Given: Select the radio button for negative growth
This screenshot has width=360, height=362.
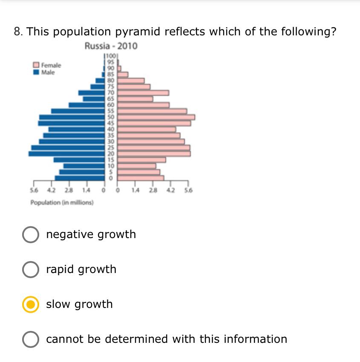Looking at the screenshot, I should pos(30,235).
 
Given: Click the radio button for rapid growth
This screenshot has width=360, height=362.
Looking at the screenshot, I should pos(30,270).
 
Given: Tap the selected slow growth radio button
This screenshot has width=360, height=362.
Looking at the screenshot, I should pos(30,305).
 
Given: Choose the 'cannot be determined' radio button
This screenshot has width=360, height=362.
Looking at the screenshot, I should pos(30,339).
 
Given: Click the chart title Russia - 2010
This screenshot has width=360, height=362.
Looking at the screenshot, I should pos(111,46).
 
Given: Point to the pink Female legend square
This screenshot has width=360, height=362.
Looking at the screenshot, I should pos(37,65).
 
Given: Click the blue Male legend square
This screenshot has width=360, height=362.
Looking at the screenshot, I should pos(37,72).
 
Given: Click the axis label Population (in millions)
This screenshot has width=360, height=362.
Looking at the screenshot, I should pos(62,202).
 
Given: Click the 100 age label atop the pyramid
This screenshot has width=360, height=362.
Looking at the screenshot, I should pos(111,56).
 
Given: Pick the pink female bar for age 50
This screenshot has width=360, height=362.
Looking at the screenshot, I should pos(156,117).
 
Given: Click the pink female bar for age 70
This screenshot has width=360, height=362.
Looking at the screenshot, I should pos(143,92).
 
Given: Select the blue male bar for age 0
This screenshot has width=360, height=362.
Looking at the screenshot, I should pos(80,178).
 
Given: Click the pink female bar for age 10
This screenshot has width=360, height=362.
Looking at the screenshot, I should pos(137,166).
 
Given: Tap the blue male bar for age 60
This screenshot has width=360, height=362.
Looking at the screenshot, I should pos(87,105).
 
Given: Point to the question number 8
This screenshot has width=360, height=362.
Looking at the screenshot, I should pos(17,32).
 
